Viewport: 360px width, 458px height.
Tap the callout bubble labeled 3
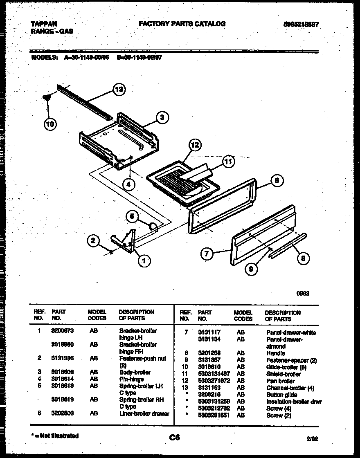pos(162,118)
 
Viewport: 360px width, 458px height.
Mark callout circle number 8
pos(303,258)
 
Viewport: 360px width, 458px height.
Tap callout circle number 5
pos(132,217)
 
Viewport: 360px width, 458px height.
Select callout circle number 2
pos(94,241)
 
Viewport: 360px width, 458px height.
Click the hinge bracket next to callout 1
pos(125,242)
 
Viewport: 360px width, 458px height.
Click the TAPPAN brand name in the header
pos(44,24)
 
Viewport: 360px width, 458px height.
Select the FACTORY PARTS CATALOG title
pos(182,24)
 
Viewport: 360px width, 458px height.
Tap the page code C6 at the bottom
pos(175,438)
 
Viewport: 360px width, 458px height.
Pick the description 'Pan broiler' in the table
pos(280,381)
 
